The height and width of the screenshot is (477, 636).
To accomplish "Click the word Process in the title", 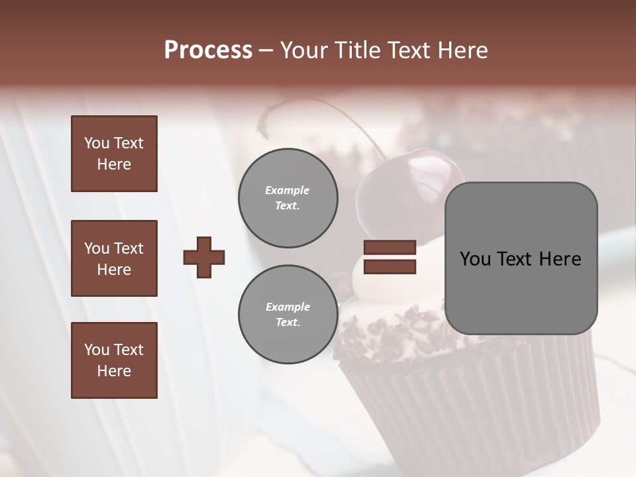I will (x=208, y=50).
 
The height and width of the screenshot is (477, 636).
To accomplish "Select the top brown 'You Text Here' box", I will (x=114, y=154).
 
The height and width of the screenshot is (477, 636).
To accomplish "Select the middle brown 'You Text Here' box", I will (x=114, y=258).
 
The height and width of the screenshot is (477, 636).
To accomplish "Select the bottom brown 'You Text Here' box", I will (x=114, y=360).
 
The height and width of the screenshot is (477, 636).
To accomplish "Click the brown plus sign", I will (x=204, y=257).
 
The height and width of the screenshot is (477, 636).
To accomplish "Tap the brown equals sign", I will (x=390, y=257).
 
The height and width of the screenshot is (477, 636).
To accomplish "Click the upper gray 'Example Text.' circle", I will (x=288, y=197).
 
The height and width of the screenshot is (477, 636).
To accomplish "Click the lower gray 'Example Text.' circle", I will (x=288, y=314).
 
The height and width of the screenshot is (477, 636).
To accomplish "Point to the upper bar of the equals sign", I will (x=390, y=248).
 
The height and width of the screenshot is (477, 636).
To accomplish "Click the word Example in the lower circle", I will (x=288, y=307).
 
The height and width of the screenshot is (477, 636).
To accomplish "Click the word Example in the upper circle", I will (x=288, y=190).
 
